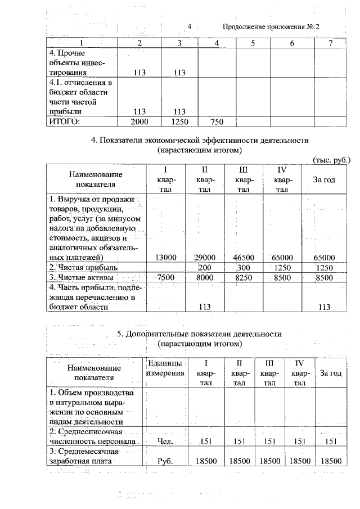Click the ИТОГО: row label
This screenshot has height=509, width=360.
(x=65, y=121)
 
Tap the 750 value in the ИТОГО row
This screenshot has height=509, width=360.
(x=217, y=121)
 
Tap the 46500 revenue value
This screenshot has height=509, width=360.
(x=243, y=257)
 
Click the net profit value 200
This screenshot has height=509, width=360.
(x=205, y=267)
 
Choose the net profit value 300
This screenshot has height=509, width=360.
(x=243, y=267)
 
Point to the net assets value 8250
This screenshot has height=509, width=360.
(x=243, y=277)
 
